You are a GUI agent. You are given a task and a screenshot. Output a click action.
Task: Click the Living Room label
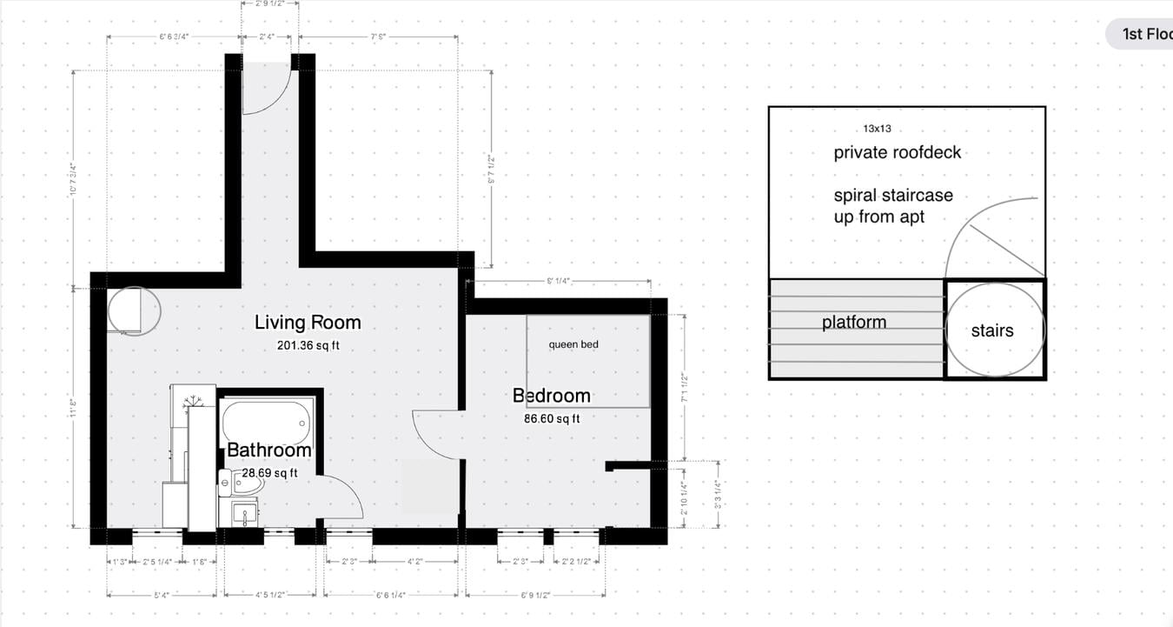(x=307, y=323)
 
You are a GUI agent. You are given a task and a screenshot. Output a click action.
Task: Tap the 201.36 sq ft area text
(x=308, y=345)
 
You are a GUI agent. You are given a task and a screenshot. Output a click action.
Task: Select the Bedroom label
(x=551, y=396)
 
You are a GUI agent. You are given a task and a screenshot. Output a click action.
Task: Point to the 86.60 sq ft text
(x=551, y=418)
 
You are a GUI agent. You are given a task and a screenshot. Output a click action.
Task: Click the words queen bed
(x=573, y=345)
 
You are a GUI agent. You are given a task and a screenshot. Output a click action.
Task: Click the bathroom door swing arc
(x=343, y=500)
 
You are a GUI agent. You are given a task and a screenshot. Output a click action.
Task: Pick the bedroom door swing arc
(x=434, y=435)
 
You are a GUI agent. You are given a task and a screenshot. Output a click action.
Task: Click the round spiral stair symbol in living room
(x=134, y=310)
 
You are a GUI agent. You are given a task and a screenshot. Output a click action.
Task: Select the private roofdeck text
(x=897, y=153)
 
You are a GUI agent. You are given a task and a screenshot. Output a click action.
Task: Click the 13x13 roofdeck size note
(x=877, y=129)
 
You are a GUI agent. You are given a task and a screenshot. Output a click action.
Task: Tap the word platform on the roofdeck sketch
(x=854, y=323)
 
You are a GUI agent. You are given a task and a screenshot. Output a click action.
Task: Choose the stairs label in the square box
(x=992, y=330)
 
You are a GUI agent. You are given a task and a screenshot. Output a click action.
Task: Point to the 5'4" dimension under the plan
(x=161, y=596)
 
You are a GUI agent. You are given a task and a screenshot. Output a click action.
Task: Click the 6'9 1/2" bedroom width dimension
(x=536, y=596)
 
